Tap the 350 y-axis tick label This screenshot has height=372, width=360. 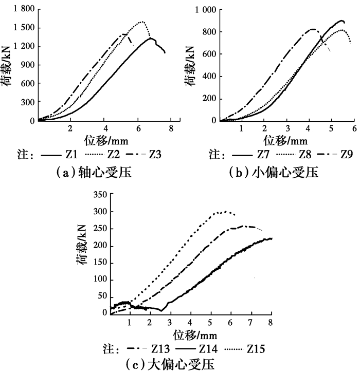click(x=98, y=195)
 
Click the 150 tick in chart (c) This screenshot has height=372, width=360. click(x=98, y=263)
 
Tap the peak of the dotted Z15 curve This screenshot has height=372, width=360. click(x=223, y=211)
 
